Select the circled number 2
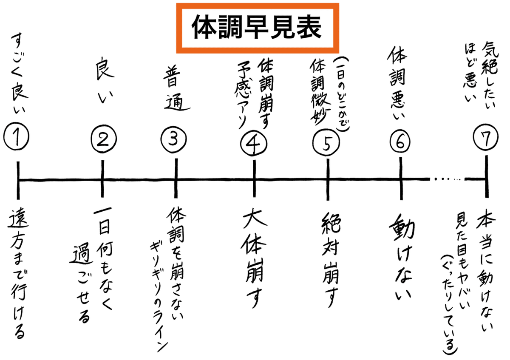[102, 139]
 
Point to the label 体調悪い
[399, 83]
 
